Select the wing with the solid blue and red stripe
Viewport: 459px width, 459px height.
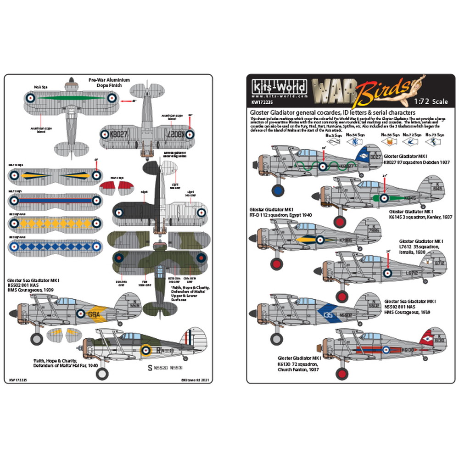(54, 200)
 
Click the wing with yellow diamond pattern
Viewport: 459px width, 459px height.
(54, 224)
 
